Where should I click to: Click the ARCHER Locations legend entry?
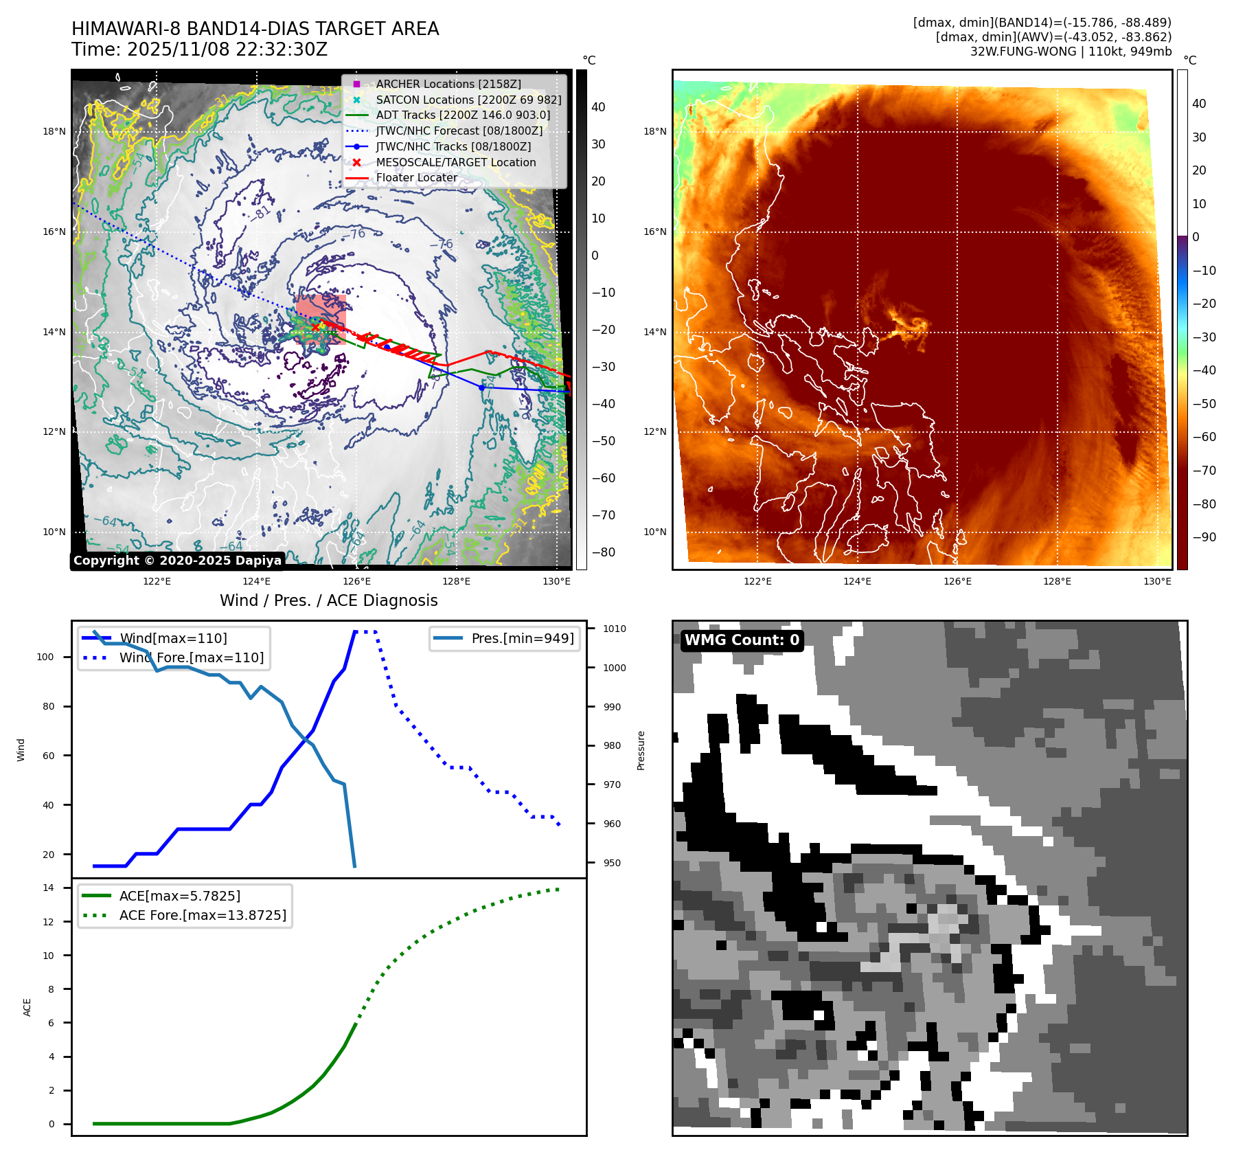[x=448, y=84]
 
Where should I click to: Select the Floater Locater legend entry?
[x=416, y=177]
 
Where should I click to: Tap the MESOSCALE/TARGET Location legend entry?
[x=455, y=162]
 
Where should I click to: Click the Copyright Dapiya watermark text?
[x=177, y=561]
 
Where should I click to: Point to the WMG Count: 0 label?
[x=742, y=640]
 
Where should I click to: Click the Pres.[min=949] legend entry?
[x=522, y=638]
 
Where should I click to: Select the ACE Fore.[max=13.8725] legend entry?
[x=203, y=915]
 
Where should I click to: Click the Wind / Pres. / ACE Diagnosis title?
[x=328, y=600]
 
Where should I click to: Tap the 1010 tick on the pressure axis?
[x=615, y=629]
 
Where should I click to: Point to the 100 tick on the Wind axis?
[x=45, y=657]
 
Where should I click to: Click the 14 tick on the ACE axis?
[x=48, y=888]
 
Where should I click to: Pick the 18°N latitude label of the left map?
[x=54, y=131]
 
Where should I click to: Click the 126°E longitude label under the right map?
[x=957, y=581]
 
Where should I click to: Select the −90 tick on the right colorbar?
[x=1204, y=537]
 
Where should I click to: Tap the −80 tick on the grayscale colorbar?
[x=604, y=552]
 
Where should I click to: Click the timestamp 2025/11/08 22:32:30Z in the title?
[x=227, y=49]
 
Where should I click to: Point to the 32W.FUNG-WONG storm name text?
[x=1023, y=52]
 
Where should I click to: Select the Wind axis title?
[x=21, y=749]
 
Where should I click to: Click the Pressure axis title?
[x=641, y=750]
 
